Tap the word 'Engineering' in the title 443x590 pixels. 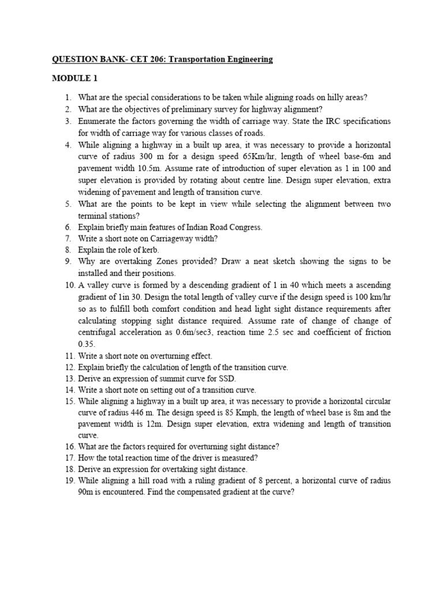click(247, 59)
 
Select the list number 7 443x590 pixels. click(67, 239)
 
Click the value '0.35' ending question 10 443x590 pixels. click(87, 343)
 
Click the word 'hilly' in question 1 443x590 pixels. click(323, 98)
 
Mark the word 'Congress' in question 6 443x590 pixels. click(246, 227)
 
